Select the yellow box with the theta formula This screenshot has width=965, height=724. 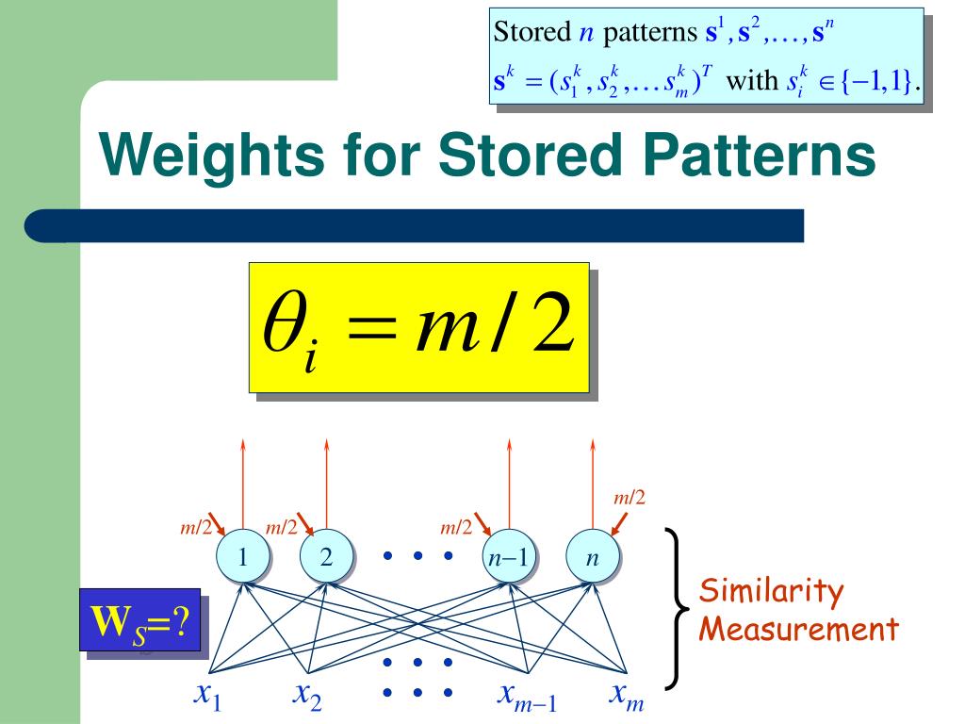(x=418, y=327)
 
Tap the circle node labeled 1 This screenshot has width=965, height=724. (x=243, y=558)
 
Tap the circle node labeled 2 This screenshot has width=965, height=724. (x=326, y=558)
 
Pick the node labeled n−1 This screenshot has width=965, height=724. (x=509, y=558)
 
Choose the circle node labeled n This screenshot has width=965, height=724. (x=592, y=558)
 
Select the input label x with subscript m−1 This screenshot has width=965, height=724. (x=527, y=699)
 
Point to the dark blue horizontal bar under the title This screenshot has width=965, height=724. (x=415, y=226)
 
